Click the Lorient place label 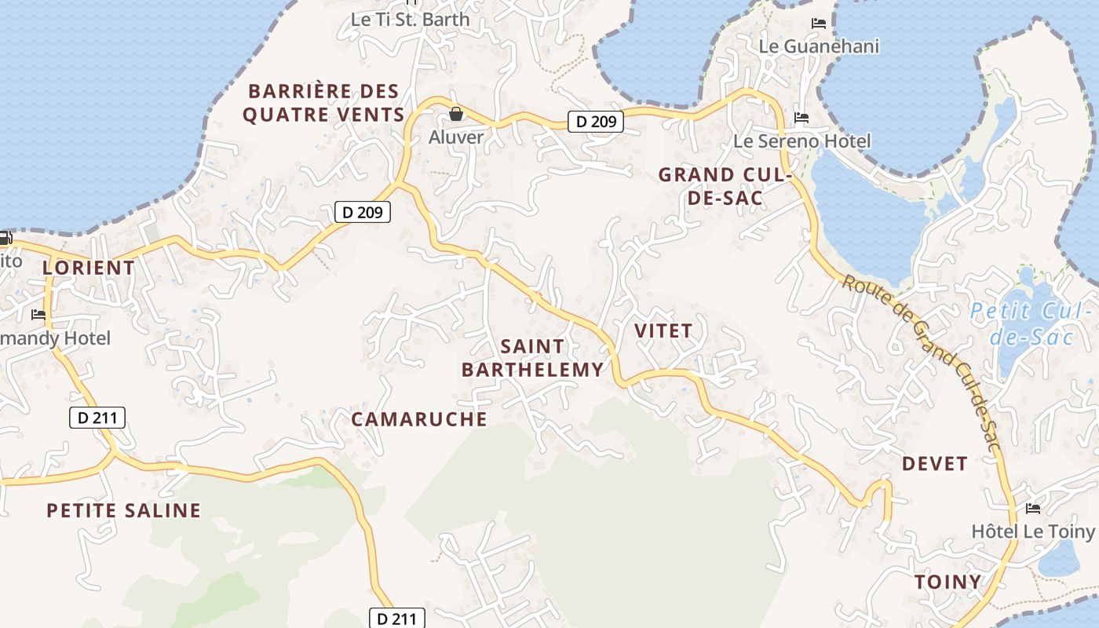click(x=89, y=268)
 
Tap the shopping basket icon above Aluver click(x=456, y=115)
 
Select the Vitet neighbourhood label click(x=663, y=330)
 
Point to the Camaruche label click(x=419, y=419)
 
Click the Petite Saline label click(x=124, y=511)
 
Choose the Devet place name click(x=934, y=464)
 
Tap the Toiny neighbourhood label click(x=947, y=582)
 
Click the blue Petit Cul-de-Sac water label click(x=1031, y=323)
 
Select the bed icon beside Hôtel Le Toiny click(x=1033, y=509)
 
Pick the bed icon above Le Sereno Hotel click(x=801, y=119)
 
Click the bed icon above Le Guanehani click(x=819, y=24)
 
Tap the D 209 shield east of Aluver click(x=595, y=122)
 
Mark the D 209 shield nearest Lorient click(x=362, y=212)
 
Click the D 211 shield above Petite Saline click(x=97, y=418)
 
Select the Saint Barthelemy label click(x=533, y=358)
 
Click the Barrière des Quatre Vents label click(x=323, y=103)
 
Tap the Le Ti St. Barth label click(x=410, y=20)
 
